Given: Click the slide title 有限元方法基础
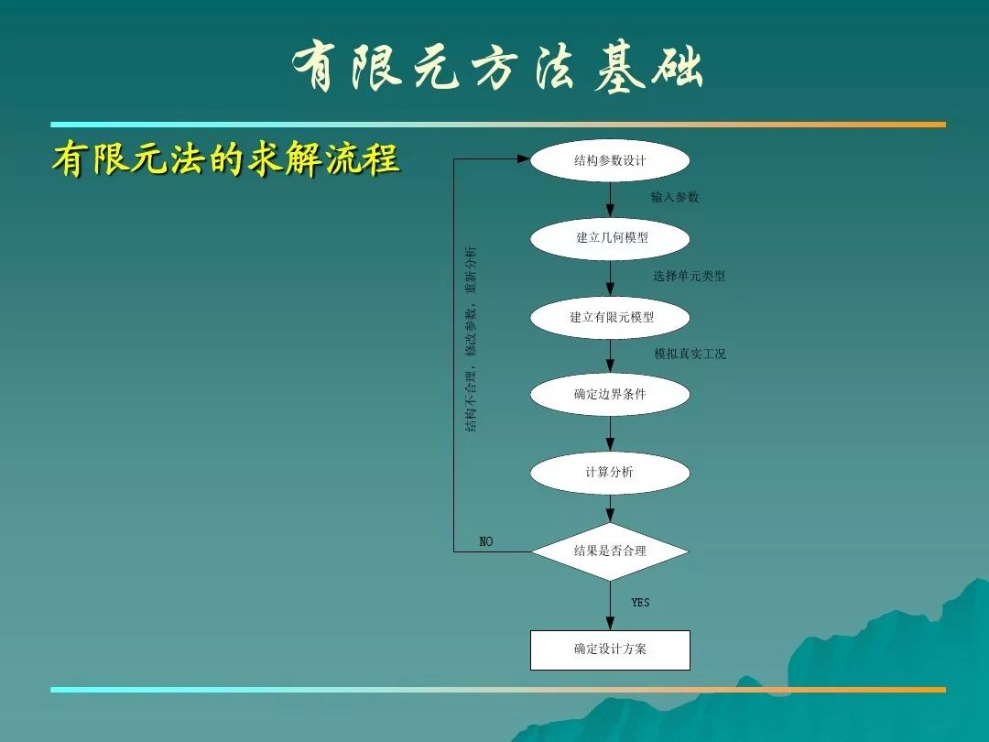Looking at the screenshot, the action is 497,67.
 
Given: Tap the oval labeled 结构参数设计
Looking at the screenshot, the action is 610,160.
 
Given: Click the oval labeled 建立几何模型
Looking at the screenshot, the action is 610,238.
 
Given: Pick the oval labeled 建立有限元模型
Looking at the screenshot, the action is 610,317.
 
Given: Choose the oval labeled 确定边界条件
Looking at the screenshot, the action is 610,394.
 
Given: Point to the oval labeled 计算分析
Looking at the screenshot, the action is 610,473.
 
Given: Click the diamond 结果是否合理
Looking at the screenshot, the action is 610,551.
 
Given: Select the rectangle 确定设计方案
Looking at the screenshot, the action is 610,649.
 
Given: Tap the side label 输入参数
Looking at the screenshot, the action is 675,197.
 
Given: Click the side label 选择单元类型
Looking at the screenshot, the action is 689,276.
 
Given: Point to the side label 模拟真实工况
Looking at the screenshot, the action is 690,354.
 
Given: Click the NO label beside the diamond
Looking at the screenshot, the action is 485,541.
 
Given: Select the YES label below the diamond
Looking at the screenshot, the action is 640,603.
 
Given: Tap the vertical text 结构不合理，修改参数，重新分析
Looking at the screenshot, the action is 471,339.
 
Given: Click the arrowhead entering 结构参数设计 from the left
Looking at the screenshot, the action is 524,159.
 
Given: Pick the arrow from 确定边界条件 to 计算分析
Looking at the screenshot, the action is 610,433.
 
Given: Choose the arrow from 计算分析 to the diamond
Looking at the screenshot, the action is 610,508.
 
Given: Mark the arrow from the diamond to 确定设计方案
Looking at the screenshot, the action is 610,606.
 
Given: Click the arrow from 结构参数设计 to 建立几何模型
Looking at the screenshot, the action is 610,200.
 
